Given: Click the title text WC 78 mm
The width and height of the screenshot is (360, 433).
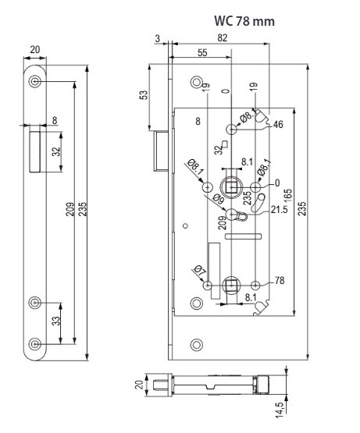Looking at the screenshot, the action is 244,21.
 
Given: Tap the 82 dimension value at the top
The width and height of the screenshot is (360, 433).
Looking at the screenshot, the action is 222,37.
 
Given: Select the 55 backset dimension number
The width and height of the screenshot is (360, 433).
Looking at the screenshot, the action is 202,52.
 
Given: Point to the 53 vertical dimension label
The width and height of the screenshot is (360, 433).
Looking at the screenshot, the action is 144,94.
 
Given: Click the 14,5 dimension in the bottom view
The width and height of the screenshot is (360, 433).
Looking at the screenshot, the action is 280,410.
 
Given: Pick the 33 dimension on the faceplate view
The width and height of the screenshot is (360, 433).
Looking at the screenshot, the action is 56,321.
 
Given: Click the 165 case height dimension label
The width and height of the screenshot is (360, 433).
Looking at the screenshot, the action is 287,196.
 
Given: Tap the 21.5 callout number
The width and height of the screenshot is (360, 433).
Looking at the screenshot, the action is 279,210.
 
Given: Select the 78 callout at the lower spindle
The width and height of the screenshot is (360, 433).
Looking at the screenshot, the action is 280,280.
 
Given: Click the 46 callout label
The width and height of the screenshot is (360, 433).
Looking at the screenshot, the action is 278,124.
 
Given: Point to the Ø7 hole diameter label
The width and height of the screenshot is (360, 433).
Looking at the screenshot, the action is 199,271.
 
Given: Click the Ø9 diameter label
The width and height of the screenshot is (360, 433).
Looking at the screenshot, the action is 218,198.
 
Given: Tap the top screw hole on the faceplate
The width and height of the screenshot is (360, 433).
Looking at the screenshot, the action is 35,81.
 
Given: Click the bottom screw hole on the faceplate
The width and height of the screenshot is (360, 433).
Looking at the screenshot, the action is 35,344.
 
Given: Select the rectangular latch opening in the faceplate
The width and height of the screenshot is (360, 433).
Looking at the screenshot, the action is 35,152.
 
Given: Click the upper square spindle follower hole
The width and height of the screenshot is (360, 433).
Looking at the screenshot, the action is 231,187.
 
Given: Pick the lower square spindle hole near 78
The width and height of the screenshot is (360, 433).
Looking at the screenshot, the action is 231,286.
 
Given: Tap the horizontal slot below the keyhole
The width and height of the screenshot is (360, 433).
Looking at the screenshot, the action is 244,236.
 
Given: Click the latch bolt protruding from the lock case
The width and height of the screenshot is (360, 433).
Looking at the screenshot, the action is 161,151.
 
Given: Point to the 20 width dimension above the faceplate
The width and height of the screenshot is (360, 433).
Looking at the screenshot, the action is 35,50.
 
